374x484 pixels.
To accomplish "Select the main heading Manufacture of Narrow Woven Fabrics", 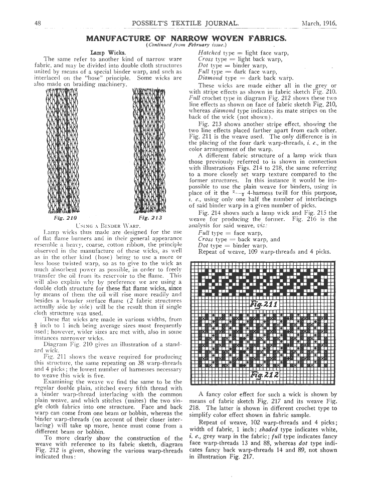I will pyautogui.click(x=186, y=38).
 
